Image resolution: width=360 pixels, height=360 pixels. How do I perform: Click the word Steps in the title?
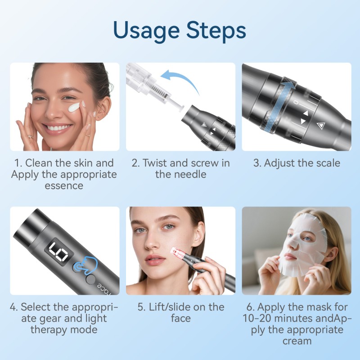tap(214, 31)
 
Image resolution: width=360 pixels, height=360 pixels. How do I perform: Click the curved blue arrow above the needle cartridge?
tap(180, 80)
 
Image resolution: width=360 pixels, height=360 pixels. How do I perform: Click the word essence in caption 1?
tap(64, 185)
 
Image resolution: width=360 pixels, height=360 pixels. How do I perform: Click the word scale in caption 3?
tap(324, 163)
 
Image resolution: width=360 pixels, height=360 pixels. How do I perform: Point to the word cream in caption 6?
tap(297, 341)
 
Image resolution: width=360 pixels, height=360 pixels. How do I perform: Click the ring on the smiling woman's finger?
tap(30, 136)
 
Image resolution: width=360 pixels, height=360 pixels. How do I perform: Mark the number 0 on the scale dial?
tap(295, 103)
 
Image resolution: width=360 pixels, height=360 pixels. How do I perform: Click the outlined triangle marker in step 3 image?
tap(320, 126)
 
